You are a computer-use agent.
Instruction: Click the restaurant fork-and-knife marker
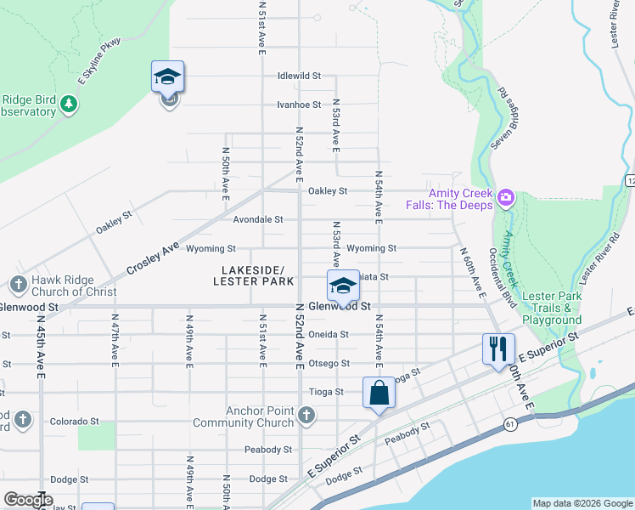coord(497,349)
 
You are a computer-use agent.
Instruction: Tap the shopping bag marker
coord(379,394)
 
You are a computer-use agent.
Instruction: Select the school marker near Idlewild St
coord(168,78)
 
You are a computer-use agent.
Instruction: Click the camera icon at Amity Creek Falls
coord(506,197)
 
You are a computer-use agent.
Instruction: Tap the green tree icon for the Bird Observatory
coord(69,105)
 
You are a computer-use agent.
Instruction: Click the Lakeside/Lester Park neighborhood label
coord(253,275)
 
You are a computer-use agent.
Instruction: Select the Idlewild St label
coord(299,76)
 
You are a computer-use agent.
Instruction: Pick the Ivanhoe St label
coord(299,105)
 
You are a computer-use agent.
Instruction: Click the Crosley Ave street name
coord(154,257)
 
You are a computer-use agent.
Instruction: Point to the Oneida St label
coord(329,334)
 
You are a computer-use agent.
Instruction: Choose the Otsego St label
coord(329,364)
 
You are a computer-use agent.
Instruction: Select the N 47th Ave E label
coord(115,339)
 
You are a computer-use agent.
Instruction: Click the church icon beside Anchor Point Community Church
coord(306,416)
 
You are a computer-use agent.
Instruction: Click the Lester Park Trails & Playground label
coord(552,308)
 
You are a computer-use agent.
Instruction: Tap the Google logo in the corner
coord(27,500)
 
